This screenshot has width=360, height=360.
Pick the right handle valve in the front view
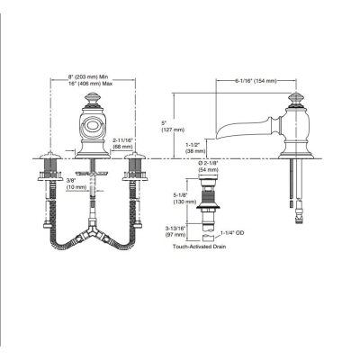(134, 171)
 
